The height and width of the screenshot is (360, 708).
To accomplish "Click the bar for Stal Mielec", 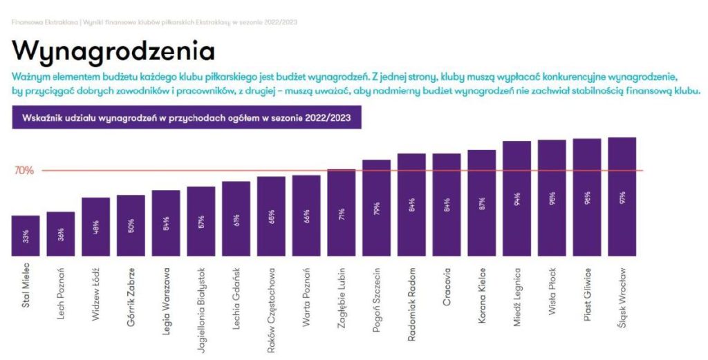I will (26, 235).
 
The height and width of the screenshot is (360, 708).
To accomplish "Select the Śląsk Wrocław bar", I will (622, 196).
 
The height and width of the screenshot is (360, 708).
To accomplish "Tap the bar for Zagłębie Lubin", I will (342, 212).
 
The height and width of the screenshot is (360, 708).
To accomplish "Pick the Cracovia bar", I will (447, 205).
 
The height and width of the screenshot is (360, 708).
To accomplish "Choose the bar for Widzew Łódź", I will (95, 227).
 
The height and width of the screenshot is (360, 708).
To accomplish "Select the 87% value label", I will (482, 205).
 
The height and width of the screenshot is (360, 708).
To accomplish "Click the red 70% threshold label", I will (24, 171).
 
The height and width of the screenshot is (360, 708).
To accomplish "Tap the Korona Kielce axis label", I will (482, 291).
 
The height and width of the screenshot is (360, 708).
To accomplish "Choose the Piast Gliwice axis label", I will (587, 290).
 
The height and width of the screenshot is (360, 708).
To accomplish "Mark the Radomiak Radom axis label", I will (412, 294).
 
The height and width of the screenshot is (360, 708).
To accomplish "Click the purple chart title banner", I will (187, 117).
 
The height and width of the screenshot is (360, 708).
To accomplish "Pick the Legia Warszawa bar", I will (166, 223).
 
